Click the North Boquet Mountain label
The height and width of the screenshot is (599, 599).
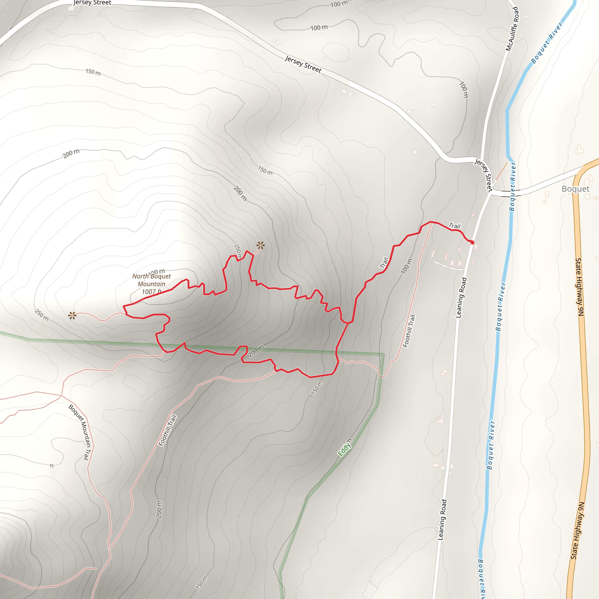(x=151, y=280)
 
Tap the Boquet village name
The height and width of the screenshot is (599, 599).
(x=575, y=189)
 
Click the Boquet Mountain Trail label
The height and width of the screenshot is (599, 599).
(x=80, y=432)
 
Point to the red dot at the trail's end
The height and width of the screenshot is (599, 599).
(x=472, y=243)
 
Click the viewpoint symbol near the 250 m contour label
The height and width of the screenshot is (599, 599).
(x=260, y=246)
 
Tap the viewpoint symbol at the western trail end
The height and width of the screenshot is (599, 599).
(x=72, y=316)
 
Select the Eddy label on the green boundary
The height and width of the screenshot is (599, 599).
(x=345, y=447)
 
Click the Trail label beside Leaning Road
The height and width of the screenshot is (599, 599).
(x=455, y=226)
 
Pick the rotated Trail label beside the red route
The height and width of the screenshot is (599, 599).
(x=384, y=263)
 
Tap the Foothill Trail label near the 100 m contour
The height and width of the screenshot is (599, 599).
(x=409, y=331)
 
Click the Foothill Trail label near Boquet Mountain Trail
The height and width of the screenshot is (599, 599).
(x=167, y=430)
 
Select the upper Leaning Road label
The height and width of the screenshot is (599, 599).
(x=461, y=298)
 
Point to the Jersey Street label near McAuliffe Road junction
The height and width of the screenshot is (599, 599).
(x=484, y=175)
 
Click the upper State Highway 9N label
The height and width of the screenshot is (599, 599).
(x=579, y=287)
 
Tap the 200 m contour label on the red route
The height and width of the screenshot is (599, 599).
(x=256, y=351)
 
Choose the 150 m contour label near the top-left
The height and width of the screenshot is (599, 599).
(x=93, y=72)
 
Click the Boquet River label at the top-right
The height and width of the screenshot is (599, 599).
(x=547, y=43)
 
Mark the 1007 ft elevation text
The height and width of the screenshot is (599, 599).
(x=151, y=292)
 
